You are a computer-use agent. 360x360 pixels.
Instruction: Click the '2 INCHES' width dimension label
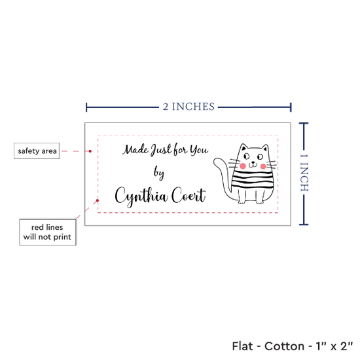click(189, 107)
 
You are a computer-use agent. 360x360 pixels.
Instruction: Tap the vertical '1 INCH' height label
click(304, 173)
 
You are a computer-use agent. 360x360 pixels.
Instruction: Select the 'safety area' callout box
click(37, 151)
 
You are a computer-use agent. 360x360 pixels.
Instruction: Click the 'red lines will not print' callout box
click(48, 232)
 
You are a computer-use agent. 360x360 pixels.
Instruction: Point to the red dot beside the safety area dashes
click(90, 151)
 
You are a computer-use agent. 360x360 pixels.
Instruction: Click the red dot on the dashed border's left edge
click(98, 200)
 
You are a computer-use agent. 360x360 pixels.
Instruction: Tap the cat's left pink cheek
click(243, 166)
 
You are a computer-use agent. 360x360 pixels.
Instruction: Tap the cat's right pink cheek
click(263, 166)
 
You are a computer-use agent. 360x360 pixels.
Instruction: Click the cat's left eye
click(246, 156)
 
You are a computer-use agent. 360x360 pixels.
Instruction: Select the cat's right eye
click(260, 157)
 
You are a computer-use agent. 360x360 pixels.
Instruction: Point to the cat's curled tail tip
click(216, 162)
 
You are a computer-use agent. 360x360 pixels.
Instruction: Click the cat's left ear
click(243, 147)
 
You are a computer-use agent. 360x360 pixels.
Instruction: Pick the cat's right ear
click(265, 148)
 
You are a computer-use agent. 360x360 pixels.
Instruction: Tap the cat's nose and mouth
click(253, 164)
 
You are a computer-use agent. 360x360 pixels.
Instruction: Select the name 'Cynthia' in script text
click(141, 196)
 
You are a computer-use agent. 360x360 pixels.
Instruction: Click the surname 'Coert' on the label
click(189, 196)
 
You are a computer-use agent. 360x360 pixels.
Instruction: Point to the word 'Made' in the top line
click(135, 150)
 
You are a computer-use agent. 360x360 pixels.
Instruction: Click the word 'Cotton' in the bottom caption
click(285, 346)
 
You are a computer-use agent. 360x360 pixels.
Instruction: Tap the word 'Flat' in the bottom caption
click(242, 346)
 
